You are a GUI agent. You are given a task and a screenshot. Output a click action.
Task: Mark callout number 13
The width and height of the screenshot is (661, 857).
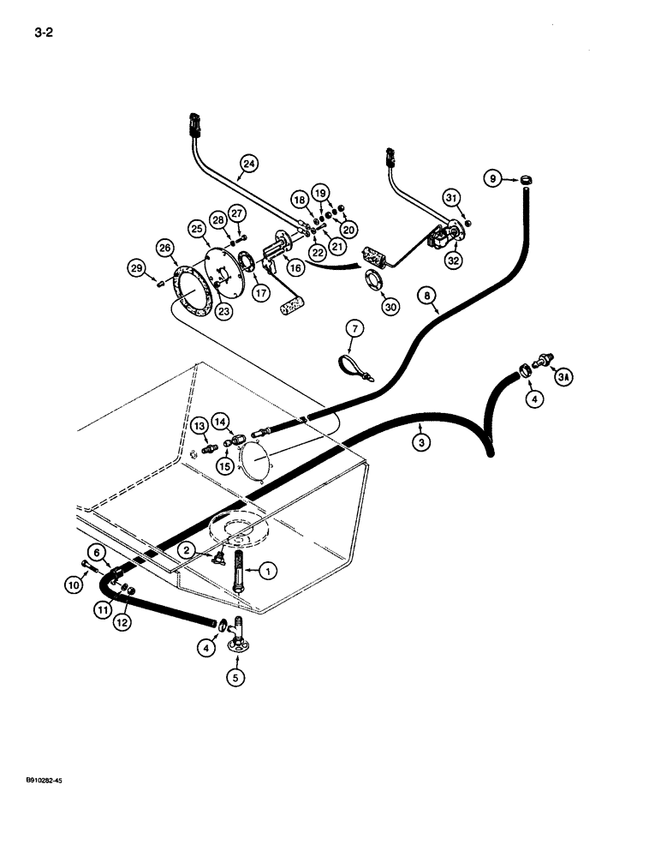(198, 426)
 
